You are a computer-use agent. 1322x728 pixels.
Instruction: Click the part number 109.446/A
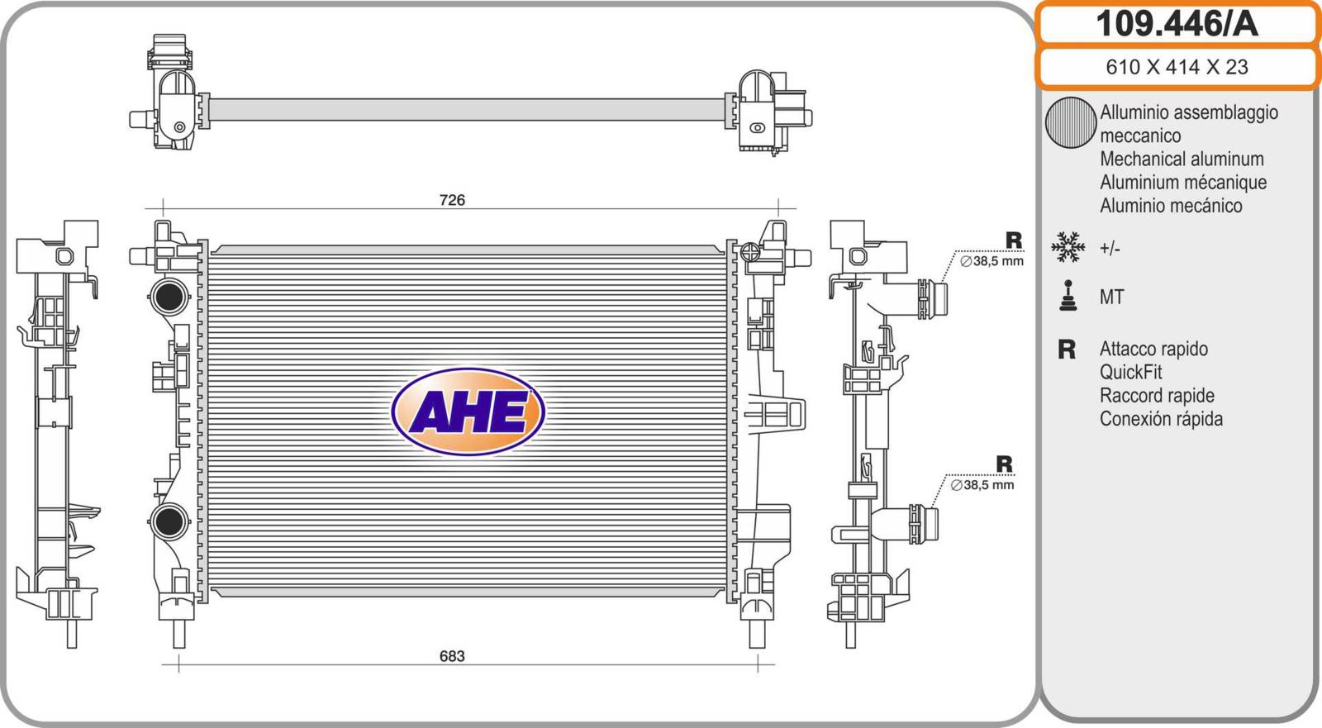[x=1177, y=24]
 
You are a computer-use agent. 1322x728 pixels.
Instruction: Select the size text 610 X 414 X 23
[x=1177, y=67]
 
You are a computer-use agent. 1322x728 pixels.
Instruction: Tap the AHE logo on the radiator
[x=468, y=412]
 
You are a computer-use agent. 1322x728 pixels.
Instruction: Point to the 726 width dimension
[x=452, y=200]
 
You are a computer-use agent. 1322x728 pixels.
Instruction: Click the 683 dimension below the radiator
[x=452, y=656]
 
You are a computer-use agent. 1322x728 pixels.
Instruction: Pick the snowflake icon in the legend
[x=1068, y=247]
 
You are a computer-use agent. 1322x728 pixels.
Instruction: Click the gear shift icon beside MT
[x=1068, y=295]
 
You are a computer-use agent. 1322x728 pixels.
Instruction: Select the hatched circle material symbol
[x=1071, y=122]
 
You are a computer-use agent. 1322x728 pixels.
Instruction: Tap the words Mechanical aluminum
[x=1182, y=159]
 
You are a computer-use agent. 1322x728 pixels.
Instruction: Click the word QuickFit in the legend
[x=1130, y=372]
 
